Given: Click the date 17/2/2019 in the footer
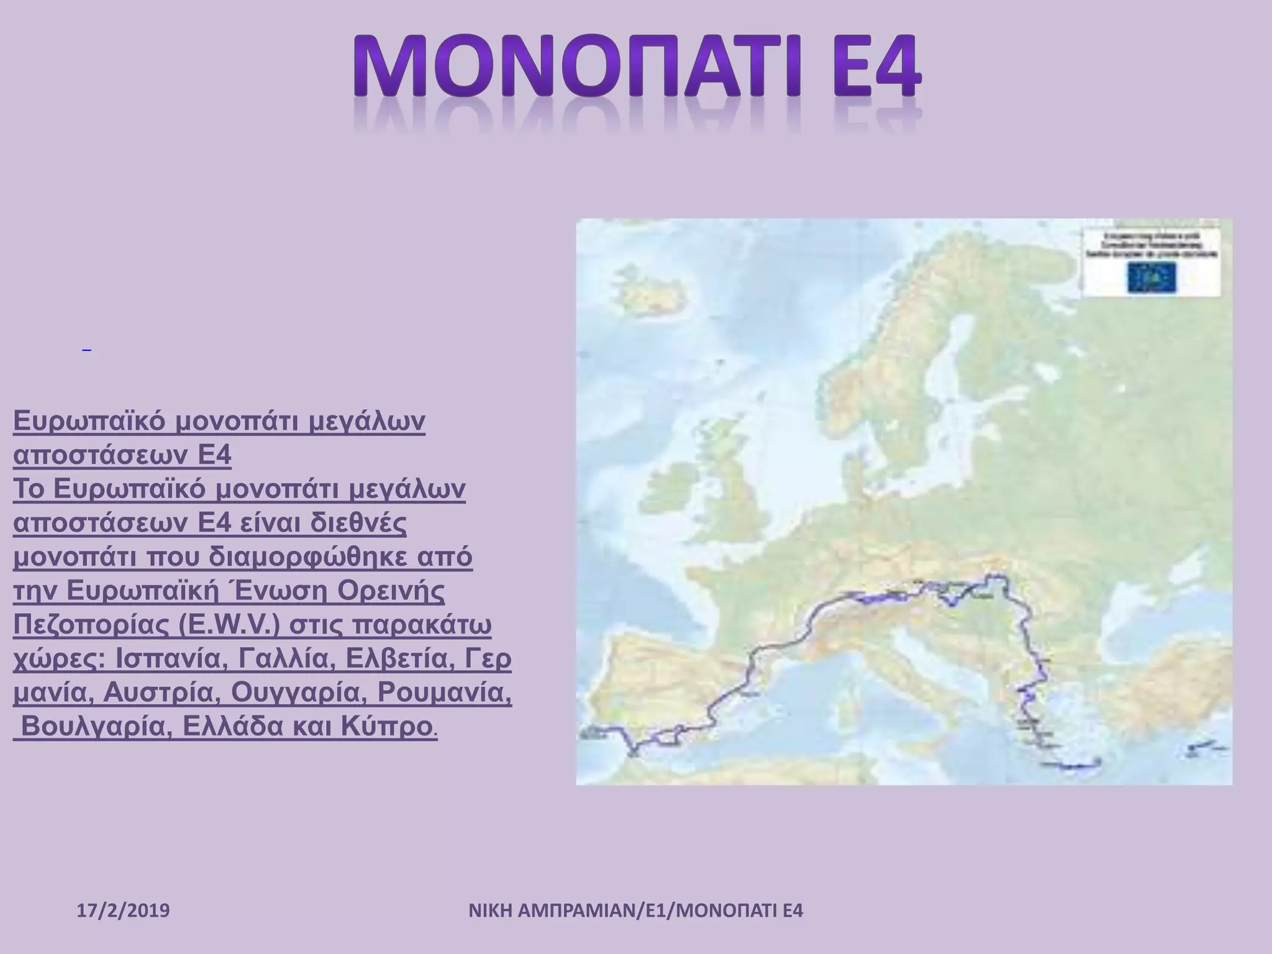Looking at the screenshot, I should pyautogui.click(x=124, y=911).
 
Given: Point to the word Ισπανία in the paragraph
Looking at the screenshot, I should pyautogui.click(x=166, y=659).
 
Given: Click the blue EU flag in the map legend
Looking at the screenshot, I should pyautogui.click(x=1152, y=277).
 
